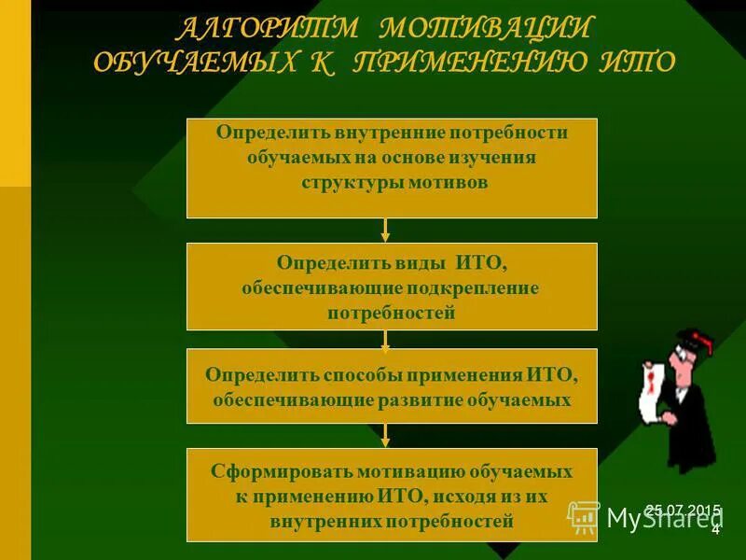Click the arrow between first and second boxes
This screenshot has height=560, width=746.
pyautogui.click(x=385, y=231)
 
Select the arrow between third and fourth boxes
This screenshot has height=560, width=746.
pyautogui.click(x=385, y=435)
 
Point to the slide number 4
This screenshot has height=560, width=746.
pyautogui.click(x=715, y=530)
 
